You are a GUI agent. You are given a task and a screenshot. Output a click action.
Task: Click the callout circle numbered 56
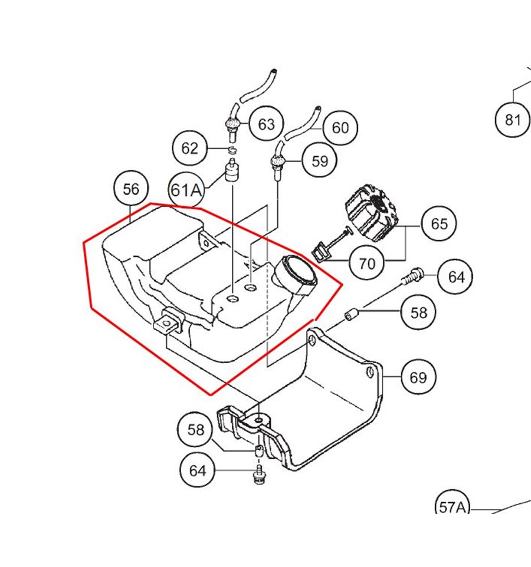(x=131, y=189)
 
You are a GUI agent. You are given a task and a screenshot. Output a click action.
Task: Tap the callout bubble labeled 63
(x=266, y=124)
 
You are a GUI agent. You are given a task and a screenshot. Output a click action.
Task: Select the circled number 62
(x=190, y=148)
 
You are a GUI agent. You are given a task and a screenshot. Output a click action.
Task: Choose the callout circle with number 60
(x=340, y=127)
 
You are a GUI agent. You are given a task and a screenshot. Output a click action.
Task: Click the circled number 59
(x=319, y=160)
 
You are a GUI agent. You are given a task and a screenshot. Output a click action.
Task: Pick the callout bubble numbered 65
(x=439, y=224)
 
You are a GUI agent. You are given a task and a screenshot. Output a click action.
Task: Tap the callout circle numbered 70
(x=367, y=263)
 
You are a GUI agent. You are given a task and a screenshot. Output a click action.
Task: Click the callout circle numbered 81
(x=513, y=120)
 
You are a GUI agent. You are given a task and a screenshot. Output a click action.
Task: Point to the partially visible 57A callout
(x=453, y=506)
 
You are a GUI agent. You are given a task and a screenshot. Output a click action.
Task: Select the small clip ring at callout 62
(x=232, y=148)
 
